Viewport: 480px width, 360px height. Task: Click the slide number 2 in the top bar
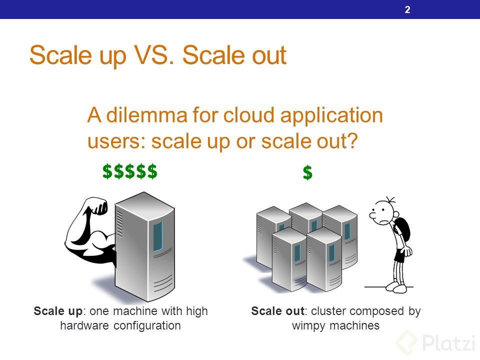(407, 9)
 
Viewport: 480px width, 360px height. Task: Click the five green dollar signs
(130, 171)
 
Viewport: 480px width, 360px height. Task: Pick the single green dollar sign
(307, 173)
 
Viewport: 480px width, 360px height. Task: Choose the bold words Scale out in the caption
(278, 311)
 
